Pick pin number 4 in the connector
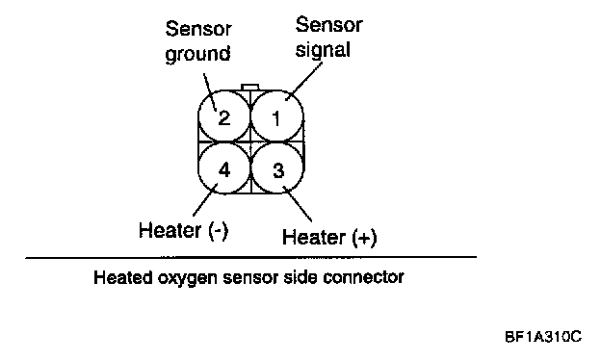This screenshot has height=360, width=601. pyautogui.click(x=223, y=168)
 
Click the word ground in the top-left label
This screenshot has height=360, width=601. pyautogui.click(x=197, y=54)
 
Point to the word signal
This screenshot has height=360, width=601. pyautogui.click(x=323, y=50)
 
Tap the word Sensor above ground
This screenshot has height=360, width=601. pyautogui.click(x=198, y=28)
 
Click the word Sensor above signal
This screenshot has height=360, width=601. pyautogui.click(x=328, y=24)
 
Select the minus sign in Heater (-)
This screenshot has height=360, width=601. pyautogui.click(x=219, y=231)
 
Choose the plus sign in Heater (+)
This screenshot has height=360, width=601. pyautogui.click(x=364, y=238)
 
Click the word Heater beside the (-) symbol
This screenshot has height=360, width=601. pyautogui.click(x=170, y=230)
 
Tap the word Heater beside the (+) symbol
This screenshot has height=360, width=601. pyautogui.click(x=313, y=237)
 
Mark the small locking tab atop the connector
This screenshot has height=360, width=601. pyautogui.click(x=249, y=88)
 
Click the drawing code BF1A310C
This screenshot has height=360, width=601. pyautogui.click(x=543, y=337)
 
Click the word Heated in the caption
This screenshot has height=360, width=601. pyautogui.click(x=123, y=277)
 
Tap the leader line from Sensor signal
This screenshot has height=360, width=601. pyautogui.click(x=304, y=80)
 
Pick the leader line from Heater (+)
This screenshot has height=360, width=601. pyautogui.click(x=298, y=204)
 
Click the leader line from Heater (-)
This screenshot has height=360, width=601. pyautogui.click(x=205, y=199)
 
